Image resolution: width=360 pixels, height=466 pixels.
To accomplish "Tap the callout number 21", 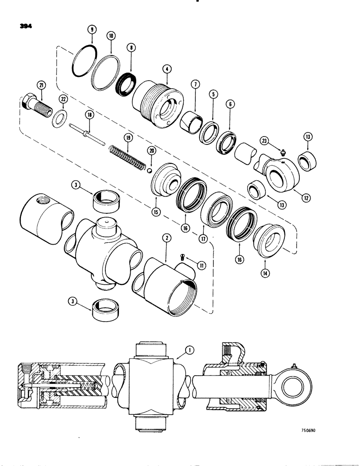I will click(x=42, y=85).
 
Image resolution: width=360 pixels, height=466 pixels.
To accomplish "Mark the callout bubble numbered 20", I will click(x=151, y=150).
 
